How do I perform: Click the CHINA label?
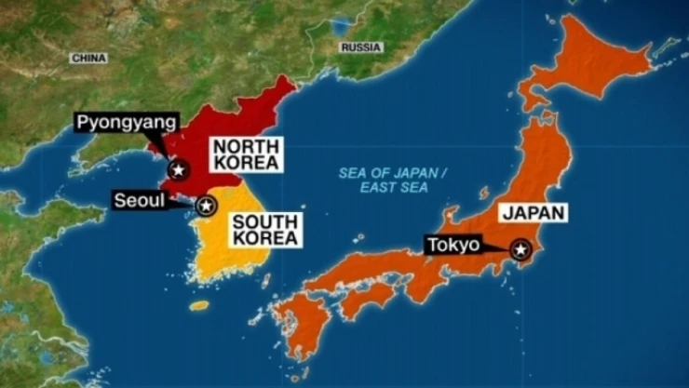(90, 59)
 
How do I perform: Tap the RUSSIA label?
(359, 47)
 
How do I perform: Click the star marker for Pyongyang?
(176, 169)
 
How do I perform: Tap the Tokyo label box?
(453, 246)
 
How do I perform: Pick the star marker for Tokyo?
(520, 248)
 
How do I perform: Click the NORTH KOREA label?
(246, 154)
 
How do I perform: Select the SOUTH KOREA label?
(264, 230)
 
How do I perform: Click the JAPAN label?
(533, 213)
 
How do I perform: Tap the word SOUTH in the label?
(264, 221)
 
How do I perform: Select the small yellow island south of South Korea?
(199, 304)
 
